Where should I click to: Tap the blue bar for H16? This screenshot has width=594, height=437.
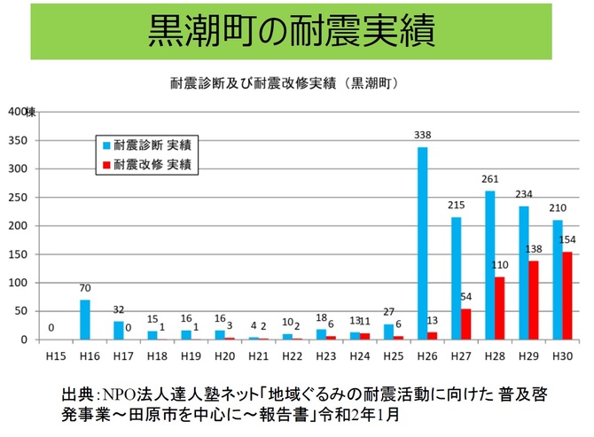[84, 320]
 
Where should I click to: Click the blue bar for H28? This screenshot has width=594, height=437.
[490, 266]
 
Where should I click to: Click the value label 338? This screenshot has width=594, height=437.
[423, 136]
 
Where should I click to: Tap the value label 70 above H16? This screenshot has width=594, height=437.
[84, 288]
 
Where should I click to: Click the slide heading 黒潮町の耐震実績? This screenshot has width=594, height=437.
[292, 32]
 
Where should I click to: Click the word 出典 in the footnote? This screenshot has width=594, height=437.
[78, 393]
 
